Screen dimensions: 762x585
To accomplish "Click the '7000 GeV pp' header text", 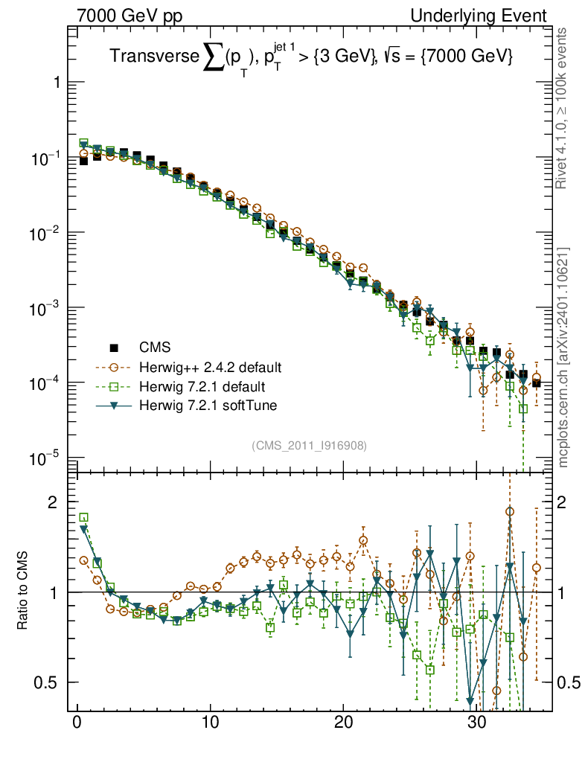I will tap(130, 16).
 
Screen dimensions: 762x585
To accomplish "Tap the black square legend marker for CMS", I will tap(115, 348).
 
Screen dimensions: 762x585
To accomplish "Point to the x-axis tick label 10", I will tap(211, 723).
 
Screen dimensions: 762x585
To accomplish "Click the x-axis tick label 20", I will tap(343, 723).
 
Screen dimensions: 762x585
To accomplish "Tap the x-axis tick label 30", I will tap(476, 723).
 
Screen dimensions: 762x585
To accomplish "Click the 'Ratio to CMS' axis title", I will tap(23, 592).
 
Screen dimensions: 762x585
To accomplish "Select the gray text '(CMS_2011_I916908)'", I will tap(310, 445).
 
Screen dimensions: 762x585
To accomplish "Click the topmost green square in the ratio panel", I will tap(84, 517).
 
